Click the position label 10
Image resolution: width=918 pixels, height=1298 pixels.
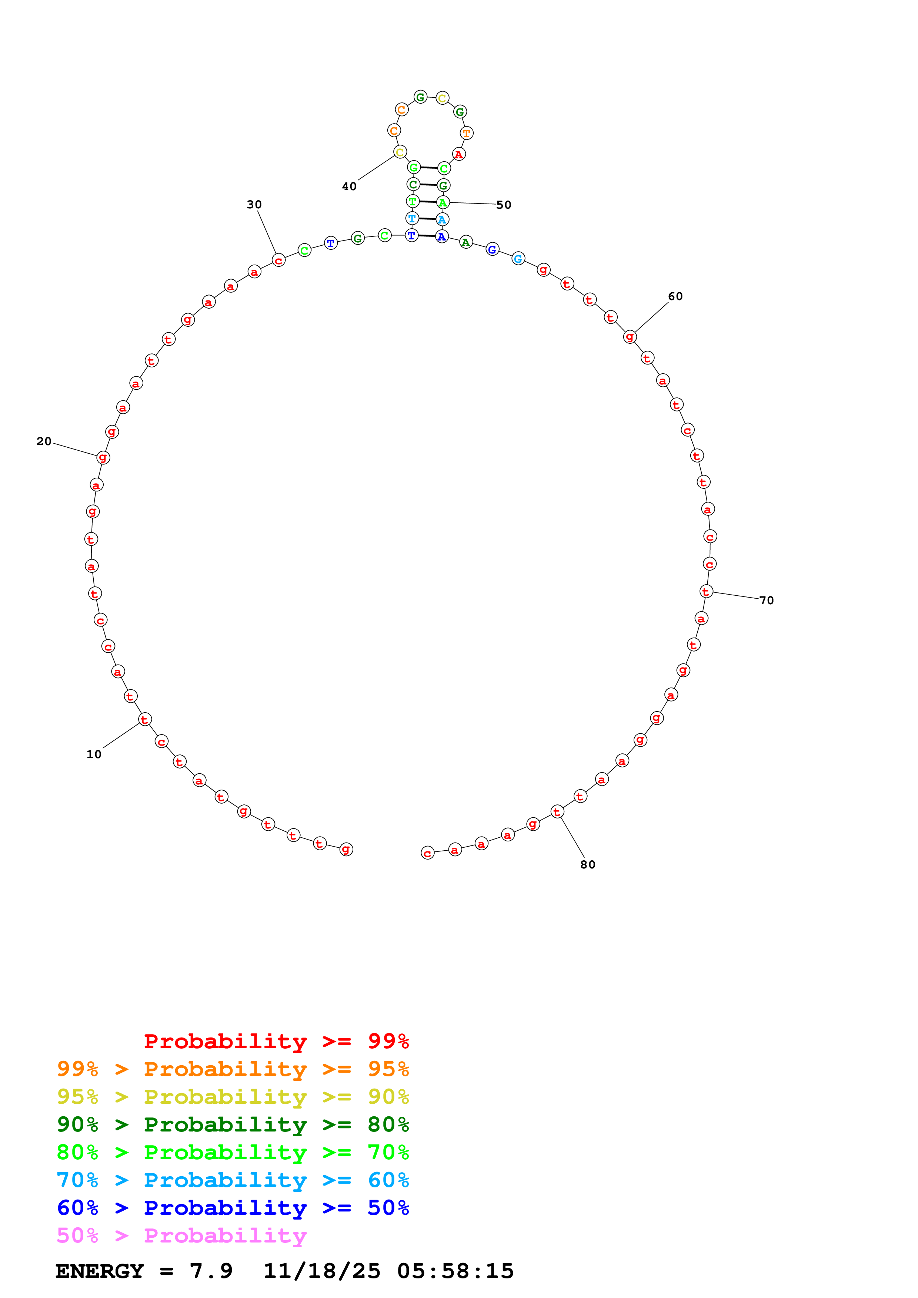(x=94, y=754)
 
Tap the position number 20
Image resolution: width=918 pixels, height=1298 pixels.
(x=44, y=441)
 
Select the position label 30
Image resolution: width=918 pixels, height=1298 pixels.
(x=254, y=205)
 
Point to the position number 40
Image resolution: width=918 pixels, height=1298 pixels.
(x=349, y=186)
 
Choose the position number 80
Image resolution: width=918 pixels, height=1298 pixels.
(x=588, y=864)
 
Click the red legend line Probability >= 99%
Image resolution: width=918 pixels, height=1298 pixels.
(x=276, y=1041)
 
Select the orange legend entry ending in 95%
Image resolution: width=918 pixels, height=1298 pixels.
(x=233, y=1069)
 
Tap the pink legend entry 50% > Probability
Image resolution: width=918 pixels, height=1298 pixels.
(x=181, y=1235)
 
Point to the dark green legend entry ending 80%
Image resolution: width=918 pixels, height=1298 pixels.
(x=233, y=1124)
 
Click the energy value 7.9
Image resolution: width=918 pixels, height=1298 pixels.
(x=211, y=1271)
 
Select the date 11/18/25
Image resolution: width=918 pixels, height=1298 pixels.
(x=321, y=1271)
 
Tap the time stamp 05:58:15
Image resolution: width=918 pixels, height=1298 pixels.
(x=455, y=1271)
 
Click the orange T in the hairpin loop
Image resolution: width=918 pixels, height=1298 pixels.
(x=467, y=134)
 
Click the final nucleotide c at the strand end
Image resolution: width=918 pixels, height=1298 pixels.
(x=428, y=853)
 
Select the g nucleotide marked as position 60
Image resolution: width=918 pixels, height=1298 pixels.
(x=630, y=337)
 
